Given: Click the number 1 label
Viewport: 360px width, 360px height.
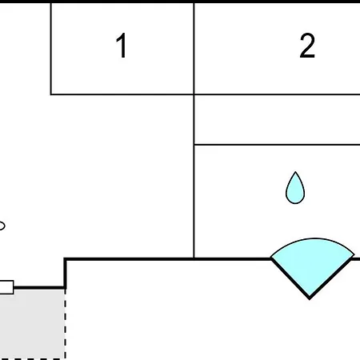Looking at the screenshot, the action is click(x=122, y=46).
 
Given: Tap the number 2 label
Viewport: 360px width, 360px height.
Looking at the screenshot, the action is click(x=307, y=46).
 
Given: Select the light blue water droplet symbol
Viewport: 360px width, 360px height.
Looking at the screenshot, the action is click(x=295, y=188).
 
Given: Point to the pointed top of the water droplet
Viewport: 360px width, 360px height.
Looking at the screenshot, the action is click(x=295, y=172).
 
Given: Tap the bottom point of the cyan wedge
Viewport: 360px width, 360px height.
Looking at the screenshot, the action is click(x=310, y=299).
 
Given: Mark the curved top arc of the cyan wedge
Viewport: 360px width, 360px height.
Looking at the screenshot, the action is click(x=314, y=239).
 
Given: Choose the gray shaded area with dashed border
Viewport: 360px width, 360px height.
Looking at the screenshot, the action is click(x=32, y=324).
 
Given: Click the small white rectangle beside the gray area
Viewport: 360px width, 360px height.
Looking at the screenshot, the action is click(x=6, y=287).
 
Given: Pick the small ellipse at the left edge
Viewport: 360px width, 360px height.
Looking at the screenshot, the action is click(x=2, y=226).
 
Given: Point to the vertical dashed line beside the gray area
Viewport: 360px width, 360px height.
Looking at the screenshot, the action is click(x=66, y=324).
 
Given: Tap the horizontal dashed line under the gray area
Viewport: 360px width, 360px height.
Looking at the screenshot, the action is click(x=32, y=359).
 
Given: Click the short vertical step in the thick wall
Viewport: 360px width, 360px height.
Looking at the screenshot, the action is click(x=66, y=274).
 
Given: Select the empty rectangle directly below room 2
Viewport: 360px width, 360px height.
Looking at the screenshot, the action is click(x=278, y=120).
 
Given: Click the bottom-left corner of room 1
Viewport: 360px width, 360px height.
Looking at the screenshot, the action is click(x=51, y=94).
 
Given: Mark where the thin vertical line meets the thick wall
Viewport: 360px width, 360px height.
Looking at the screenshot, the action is click(x=194, y=258).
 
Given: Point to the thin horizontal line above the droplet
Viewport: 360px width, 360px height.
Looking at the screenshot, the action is click(x=278, y=145).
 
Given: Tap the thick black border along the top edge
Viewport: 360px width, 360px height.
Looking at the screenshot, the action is click(x=180, y=2).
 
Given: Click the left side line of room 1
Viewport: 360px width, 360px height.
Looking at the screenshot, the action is click(x=51, y=49).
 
